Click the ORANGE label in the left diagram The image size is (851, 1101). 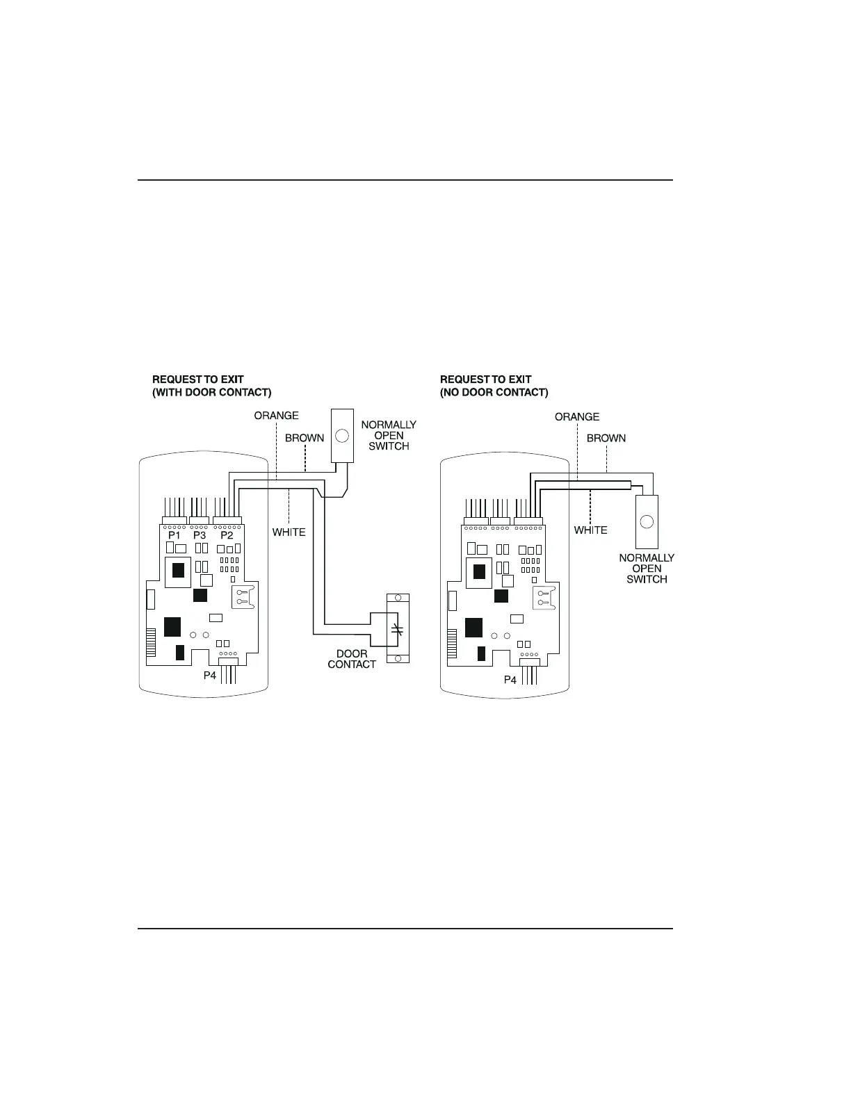pyautogui.click(x=276, y=416)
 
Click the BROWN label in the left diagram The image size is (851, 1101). pyautogui.click(x=305, y=439)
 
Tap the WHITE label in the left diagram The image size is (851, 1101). pyautogui.click(x=289, y=532)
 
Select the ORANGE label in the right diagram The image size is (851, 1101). pyautogui.click(x=577, y=417)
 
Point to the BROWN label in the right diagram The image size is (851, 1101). pyautogui.click(x=606, y=439)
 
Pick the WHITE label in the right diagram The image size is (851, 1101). pyautogui.click(x=590, y=530)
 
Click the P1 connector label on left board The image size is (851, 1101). pyautogui.click(x=175, y=536)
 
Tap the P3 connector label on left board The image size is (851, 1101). pyautogui.click(x=200, y=536)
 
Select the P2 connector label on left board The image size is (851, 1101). pyautogui.click(x=227, y=536)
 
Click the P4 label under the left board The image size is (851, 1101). pyautogui.click(x=210, y=675)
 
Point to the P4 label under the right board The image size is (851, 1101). pyautogui.click(x=510, y=680)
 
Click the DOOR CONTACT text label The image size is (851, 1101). pyautogui.click(x=352, y=659)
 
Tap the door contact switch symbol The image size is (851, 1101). pyautogui.click(x=398, y=629)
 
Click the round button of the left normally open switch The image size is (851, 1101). pyautogui.click(x=341, y=437)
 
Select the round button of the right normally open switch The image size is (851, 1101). pyautogui.click(x=647, y=521)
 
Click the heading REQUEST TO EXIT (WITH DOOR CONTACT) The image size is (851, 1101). pyautogui.click(x=211, y=386)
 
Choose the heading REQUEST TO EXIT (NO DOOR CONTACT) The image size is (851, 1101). pyautogui.click(x=494, y=386)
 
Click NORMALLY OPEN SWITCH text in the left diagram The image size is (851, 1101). pyautogui.click(x=389, y=435)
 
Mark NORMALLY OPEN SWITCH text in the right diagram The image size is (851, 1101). pyautogui.click(x=647, y=569)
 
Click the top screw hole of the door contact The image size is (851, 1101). pyautogui.click(x=398, y=598)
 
